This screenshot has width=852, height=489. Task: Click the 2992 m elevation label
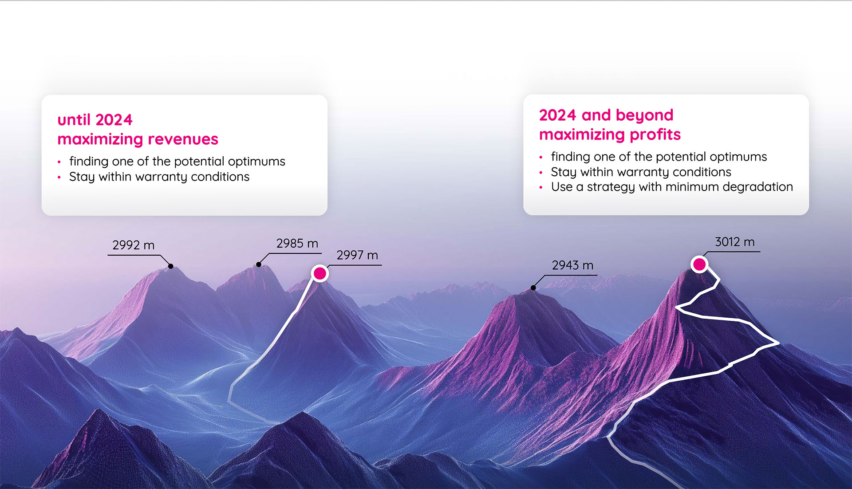point(133,245)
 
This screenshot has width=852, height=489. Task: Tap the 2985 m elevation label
point(297,243)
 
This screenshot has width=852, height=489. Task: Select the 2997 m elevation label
point(357,255)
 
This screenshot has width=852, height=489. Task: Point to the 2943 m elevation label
point(572,265)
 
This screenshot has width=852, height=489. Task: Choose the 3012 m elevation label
point(734,242)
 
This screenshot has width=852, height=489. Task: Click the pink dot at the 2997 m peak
point(319,273)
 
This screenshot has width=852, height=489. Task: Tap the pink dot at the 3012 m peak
point(699,264)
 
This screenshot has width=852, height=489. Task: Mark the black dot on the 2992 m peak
point(171,266)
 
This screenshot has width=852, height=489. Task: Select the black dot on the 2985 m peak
point(259,265)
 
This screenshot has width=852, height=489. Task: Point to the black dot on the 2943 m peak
point(533,288)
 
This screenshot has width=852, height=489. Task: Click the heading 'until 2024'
point(95,120)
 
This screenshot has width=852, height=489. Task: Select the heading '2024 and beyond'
point(606,115)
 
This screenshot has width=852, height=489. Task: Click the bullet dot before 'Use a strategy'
point(540,187)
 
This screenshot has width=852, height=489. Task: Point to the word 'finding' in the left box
point(89,161)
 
